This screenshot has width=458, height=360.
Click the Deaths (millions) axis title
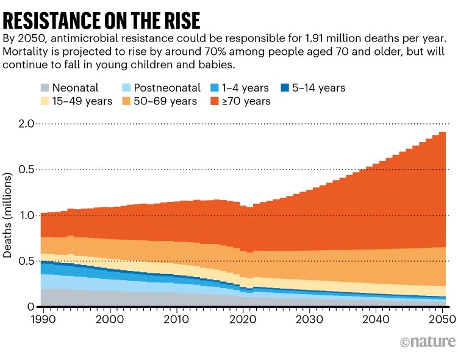click(x=9, y=215)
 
